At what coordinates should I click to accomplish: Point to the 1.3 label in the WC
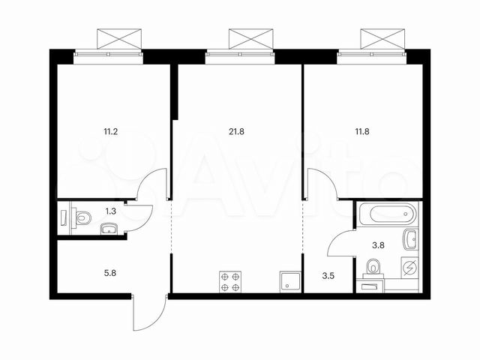110,211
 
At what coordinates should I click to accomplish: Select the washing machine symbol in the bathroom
410,268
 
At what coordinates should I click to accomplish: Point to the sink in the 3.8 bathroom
411,240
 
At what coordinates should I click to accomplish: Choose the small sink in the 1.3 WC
109,229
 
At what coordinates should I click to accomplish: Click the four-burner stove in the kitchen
230,281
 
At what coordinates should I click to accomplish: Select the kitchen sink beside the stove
289,281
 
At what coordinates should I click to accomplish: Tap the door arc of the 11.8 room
319,184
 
